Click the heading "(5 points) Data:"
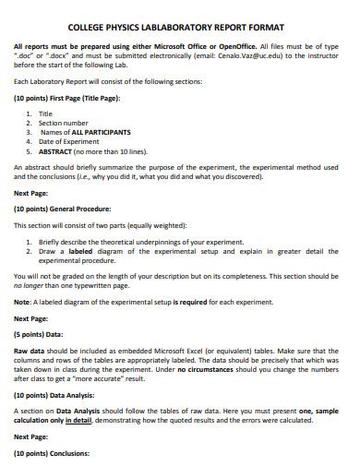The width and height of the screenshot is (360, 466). coord(39,336)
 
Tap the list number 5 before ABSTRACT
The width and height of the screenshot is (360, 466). coord(30,149)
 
